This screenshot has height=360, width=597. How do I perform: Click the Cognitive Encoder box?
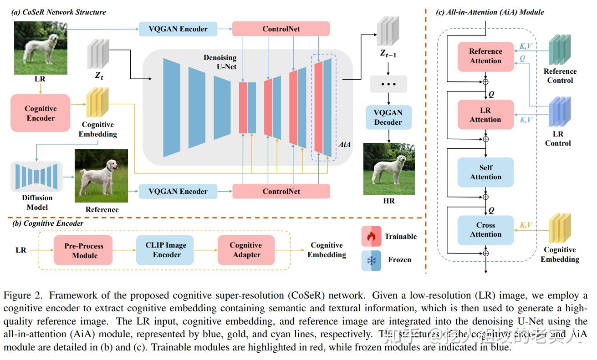41,113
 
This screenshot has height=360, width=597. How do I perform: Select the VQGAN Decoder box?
388,117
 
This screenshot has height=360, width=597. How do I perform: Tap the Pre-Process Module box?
83,250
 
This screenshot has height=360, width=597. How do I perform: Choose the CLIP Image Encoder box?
165,250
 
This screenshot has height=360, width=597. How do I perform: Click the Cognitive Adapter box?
246,250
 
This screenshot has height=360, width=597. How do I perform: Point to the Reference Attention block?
485,56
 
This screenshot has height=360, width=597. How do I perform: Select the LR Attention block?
485,115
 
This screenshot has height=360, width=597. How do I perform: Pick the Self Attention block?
485,172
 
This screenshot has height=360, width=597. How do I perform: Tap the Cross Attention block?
485,230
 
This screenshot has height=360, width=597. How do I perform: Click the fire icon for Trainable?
371,236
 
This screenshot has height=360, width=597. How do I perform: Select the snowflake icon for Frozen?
371,260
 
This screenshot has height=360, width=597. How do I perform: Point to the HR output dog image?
389,169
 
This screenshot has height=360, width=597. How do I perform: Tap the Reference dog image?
101,176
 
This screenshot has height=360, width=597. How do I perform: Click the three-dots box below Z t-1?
388,85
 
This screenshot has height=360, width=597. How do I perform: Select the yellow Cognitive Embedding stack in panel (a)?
97,103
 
